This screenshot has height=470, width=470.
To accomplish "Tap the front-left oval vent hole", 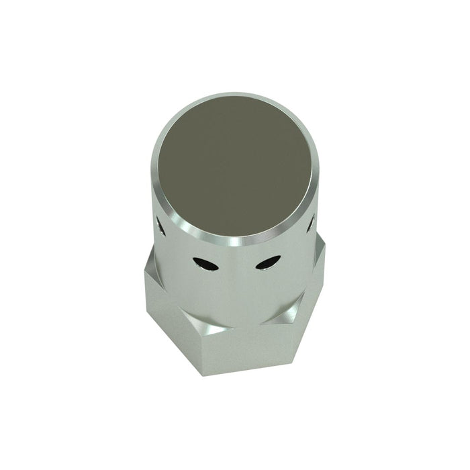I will pos(205,264).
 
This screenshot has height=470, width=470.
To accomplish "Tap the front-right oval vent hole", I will pos(267,263).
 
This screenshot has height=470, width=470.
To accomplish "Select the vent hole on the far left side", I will pos(161,227).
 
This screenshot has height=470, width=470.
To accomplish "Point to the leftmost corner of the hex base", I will pos(144,270).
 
